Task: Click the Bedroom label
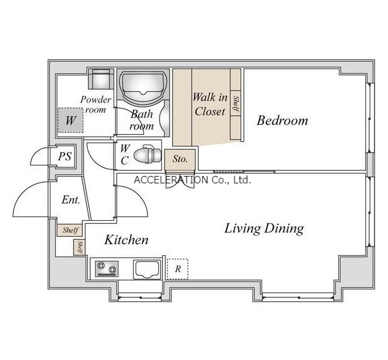point(282,121)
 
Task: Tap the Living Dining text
point(264,228)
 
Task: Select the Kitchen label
point(126,240)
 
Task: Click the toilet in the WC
point(147,155)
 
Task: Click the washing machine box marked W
point(71,120)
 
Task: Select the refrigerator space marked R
point(177,269)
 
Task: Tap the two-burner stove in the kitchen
point(107,269)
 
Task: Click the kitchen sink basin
point(147,269)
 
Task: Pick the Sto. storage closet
point(180,159)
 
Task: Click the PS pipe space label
point(65,156)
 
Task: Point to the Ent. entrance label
point(71,200)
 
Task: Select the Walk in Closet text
point(210,104)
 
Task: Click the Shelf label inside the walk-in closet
point(236,104)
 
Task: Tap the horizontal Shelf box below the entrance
point(69,231)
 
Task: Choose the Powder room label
point(96,104)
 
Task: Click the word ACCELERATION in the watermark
point(171,180)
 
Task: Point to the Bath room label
point(142,120)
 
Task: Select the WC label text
point(125,155)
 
